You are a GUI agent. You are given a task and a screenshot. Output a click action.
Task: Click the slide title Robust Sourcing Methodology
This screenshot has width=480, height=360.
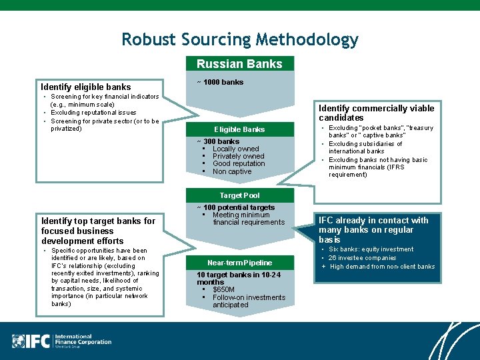point(240,39)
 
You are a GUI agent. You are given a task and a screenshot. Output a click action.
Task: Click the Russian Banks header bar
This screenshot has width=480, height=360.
point(239,64)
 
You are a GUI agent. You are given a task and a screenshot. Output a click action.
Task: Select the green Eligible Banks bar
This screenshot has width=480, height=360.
point(239,129)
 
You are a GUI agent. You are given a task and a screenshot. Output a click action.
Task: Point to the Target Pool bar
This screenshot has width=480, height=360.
point(239,195)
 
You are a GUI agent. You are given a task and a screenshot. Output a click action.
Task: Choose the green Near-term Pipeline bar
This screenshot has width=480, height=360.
point(239,263)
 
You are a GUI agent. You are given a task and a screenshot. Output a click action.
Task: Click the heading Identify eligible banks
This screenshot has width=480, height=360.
point(85,87)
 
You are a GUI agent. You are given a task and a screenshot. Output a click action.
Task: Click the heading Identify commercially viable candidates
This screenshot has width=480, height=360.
point(376,113)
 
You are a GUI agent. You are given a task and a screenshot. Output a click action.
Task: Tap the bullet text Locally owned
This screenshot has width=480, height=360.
point(235,149)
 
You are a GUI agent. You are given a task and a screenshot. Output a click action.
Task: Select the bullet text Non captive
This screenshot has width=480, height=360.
point(232,171)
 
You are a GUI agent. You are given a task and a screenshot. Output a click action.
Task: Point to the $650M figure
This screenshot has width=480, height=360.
point(223,290)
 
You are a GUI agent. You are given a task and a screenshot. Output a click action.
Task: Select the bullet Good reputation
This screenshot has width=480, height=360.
point(239,163)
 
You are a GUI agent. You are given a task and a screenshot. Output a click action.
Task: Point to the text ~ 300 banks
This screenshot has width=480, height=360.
point(218,141)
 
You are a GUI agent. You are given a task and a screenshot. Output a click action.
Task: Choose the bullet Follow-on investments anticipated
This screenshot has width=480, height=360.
point(248,301)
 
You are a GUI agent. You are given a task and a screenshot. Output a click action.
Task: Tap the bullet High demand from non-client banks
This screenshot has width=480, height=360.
point(382,267)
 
